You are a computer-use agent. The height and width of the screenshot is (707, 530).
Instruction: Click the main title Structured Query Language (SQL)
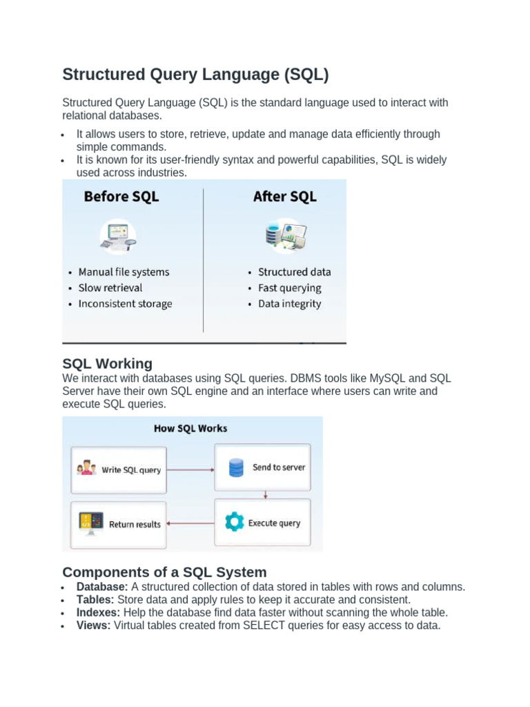click(x=195, y=75)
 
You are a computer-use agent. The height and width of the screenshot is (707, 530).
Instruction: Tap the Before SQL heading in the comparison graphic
click(x=121, y=197)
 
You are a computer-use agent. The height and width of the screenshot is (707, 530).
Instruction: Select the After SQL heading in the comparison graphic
click(x=284, y=197)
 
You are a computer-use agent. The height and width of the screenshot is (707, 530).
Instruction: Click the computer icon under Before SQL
click(x=117, y=235)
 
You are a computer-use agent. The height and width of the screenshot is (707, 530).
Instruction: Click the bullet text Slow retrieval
click(x=110, y=288)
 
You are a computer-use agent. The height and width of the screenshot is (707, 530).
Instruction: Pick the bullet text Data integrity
click(x=289, y=304)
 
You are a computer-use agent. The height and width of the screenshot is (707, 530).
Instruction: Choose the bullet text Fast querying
click(x=289, y=288)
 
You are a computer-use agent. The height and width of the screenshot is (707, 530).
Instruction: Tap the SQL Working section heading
click(x=107, y=364)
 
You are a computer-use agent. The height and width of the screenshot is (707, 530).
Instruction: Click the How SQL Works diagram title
click(x=190, y=428)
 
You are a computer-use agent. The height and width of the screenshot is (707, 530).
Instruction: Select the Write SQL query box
click(x=118, y=469)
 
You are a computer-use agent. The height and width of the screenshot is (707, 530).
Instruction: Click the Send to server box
click(x=262, y=467)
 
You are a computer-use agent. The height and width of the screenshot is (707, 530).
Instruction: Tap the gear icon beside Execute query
click(x=235, y=523)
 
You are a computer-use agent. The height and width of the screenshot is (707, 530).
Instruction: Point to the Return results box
click(x=118, y=524)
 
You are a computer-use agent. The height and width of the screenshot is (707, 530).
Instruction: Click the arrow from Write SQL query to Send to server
click(x=190, y=469)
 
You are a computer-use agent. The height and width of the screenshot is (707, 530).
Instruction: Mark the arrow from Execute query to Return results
click(x=190, y=523)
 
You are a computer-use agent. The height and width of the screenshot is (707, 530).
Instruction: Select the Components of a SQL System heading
click(x=164, y=572)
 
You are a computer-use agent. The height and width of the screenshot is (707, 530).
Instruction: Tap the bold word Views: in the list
click(x=93, y=626)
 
